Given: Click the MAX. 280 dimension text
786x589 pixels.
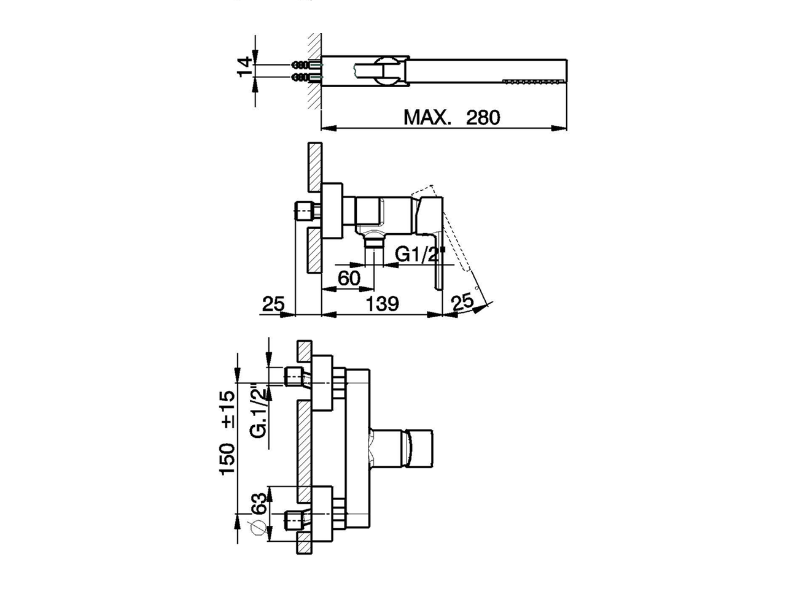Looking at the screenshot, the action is click(x=451, y=117).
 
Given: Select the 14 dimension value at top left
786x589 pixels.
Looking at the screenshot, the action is click(x=246, y=67).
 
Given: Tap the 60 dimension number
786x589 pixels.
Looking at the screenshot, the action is click(x=349, y=278).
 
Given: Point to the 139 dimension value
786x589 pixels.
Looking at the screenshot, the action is click(x=382, y=304).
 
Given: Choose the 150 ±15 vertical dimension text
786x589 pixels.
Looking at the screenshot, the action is click(x=228, y=433).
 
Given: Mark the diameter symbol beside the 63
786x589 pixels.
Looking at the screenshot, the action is click(x=257, y=527).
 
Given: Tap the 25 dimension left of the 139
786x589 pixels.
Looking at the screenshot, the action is click(x=273, y=304).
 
